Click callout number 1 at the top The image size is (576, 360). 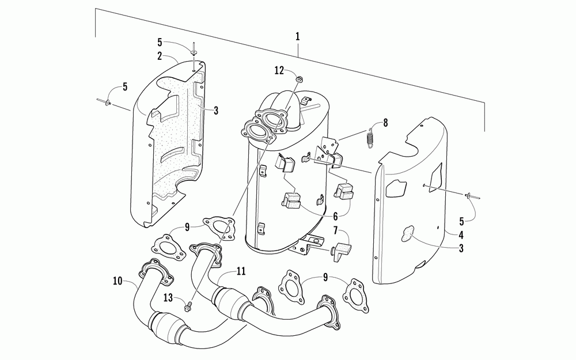point(297,36)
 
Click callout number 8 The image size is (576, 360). point(385,122)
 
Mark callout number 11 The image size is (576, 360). point(240,270)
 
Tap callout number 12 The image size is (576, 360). point(279,70)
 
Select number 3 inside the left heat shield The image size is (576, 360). point(215,110)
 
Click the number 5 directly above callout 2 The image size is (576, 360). point(160,41)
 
